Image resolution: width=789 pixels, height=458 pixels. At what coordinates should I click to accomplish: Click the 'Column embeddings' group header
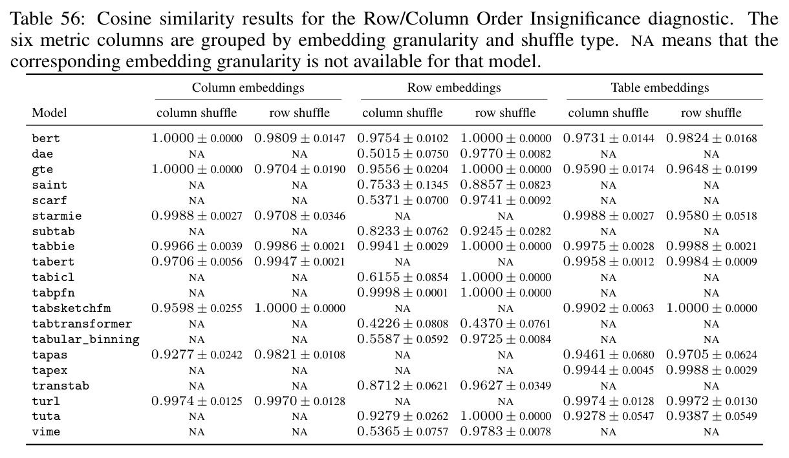[x=248, y=88]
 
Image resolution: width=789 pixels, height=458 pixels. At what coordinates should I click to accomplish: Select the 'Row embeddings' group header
[x=454, y=88]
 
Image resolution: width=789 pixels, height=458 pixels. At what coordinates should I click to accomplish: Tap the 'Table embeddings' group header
[x=660, y=88]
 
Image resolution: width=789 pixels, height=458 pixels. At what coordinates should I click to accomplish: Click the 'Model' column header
[x=49, y=112]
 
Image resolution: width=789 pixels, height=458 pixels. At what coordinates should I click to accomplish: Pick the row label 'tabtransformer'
[x=81, y=324]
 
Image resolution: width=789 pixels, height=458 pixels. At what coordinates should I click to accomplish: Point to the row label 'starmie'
[x=57, y=216]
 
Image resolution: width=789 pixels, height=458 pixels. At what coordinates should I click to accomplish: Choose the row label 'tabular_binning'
[x=85, y=339]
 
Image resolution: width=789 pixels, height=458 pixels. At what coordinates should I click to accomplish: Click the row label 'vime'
[x=46, y=432]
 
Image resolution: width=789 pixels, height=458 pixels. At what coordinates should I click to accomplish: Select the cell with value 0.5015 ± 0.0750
[x=403, y=154]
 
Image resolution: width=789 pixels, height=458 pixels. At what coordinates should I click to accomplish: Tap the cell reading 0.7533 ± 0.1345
[x=403, y=185]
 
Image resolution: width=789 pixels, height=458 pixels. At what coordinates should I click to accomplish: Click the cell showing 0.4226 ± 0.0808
[x=403, y=324]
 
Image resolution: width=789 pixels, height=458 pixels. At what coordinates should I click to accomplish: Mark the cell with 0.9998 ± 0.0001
[x=403, y=293]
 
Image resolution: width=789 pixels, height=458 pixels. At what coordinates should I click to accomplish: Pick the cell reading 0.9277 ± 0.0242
[x=197, y=355]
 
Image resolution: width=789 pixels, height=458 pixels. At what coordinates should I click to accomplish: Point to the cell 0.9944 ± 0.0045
[x=609, y=370]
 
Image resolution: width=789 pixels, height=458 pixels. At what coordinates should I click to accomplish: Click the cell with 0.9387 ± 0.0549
[x=711, y=416]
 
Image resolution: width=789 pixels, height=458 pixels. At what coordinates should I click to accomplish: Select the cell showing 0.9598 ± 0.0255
[x=197, y=308]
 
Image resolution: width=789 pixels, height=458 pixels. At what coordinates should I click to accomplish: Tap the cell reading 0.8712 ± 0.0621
[x=403, y=386]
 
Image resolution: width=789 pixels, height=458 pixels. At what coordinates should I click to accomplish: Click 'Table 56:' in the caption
[x=48, y=19]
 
